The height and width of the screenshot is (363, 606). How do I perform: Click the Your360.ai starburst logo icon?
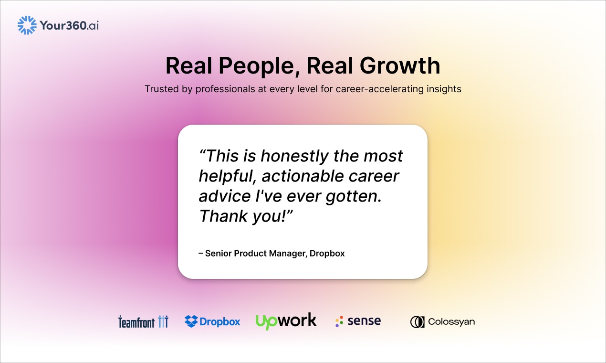point(27,25)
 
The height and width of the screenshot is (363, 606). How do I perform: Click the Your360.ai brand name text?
point(69,25)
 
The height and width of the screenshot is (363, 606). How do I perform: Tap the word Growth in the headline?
point(400,65)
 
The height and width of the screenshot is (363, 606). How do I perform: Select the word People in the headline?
point(256,66)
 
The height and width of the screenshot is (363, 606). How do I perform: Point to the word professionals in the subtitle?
point(225,89)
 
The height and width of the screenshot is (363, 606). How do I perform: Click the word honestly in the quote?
point(294,156)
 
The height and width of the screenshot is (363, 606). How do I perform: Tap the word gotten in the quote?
point(353,196)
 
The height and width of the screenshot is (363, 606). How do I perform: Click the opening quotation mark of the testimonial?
point(203,152)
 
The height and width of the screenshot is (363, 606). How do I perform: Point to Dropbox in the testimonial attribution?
point(327,253)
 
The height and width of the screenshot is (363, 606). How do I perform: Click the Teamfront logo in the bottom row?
point(143,321)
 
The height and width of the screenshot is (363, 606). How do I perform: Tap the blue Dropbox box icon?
point(191,321)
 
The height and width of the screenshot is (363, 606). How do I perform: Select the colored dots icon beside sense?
point(339,321)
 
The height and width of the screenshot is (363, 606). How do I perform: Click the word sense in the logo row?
point(364,321)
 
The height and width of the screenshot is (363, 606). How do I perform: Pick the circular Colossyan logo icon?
point(417,322)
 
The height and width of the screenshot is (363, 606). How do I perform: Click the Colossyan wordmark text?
point(451,322)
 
